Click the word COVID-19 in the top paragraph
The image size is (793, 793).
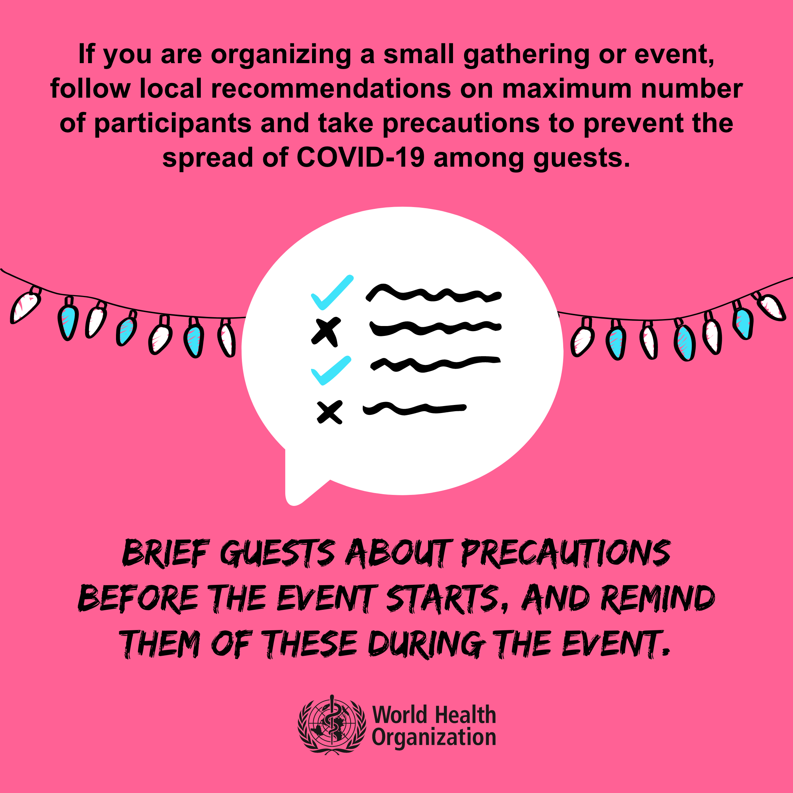pos(361,157)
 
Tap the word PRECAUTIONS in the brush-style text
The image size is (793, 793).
pos(566,554)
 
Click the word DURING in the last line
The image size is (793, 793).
pos(425,644)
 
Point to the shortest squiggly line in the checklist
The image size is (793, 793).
pos(414,408)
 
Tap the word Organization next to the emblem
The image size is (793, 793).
pos(434,738)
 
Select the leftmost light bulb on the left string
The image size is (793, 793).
pos(25,305)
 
